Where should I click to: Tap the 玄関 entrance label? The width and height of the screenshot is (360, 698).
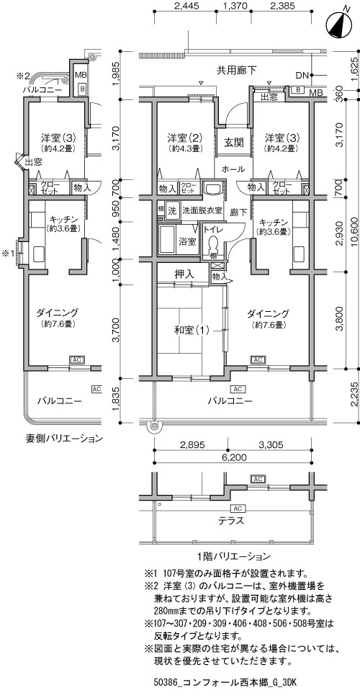click(x=233, y=143)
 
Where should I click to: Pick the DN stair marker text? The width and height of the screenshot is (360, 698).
click(x=302, y=75)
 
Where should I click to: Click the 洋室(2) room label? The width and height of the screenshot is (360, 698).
click(x=185, y=138)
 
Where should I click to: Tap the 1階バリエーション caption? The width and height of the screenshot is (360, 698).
click(x=233, y=555)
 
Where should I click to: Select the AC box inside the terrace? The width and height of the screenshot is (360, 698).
click(x=237, y=509)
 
